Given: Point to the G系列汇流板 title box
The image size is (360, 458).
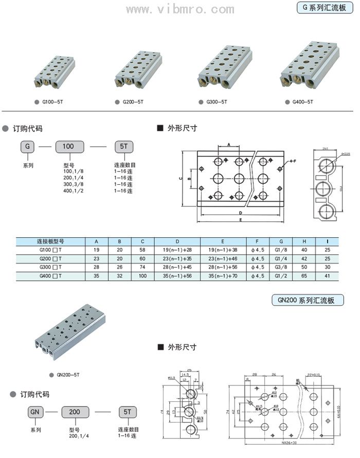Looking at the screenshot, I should tap(324, 8).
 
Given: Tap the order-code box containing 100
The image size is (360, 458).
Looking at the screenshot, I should tap(68, 146).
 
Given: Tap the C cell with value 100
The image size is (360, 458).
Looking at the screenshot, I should tap(143, 276).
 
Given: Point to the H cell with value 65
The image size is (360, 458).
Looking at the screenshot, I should tap(304, 276).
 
